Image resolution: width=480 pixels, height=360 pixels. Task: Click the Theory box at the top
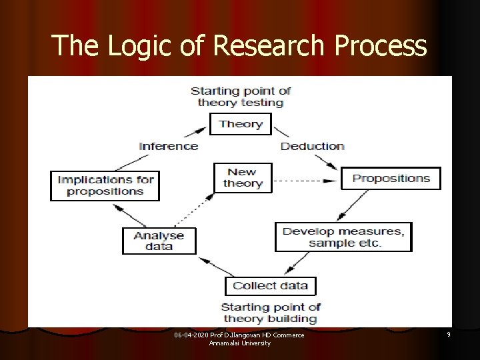click(241, 123)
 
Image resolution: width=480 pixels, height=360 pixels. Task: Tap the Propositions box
click(391, 178)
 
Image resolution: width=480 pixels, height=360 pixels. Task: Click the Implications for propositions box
click(105, 185)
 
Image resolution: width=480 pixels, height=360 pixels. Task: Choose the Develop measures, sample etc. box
click(343, 237)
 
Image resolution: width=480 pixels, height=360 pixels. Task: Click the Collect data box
click(270, 285)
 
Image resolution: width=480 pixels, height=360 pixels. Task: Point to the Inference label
click(168, 146)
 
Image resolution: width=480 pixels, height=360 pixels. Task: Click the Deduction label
click(312, 146)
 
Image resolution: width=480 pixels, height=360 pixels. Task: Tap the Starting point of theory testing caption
click(241, 97)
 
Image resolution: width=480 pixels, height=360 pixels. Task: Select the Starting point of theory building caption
click(270, 313)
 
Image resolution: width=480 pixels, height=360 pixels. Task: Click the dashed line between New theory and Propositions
click(303, 181)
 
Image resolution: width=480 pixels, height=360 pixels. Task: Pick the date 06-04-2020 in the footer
click(192, 335)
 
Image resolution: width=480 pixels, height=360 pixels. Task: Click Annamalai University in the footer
click(239, 343)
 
